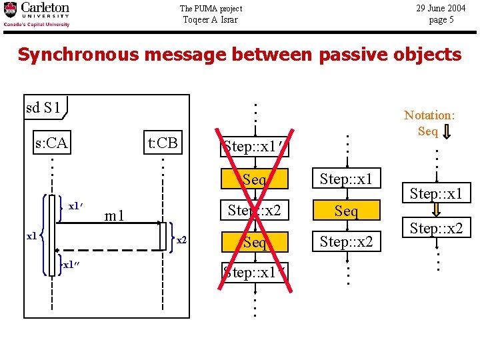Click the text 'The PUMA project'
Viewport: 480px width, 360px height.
point(211,9)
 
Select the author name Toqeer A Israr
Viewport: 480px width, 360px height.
point(211,19)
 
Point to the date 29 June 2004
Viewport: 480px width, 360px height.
point(441,9)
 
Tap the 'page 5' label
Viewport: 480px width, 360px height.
point(441,20)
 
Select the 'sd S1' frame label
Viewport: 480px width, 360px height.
point(43,107)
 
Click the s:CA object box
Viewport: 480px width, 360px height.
point(52,143)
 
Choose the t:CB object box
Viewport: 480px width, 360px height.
point(163,143)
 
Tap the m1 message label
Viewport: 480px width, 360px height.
point(116,215)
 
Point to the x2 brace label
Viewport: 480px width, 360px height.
point(181,239)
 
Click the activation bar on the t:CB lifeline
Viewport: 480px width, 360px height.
point(163,236)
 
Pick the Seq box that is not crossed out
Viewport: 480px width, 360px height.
point(346,211)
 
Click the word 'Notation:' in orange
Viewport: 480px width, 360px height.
point(429,115)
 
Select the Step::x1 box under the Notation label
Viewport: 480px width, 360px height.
point(435,194)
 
